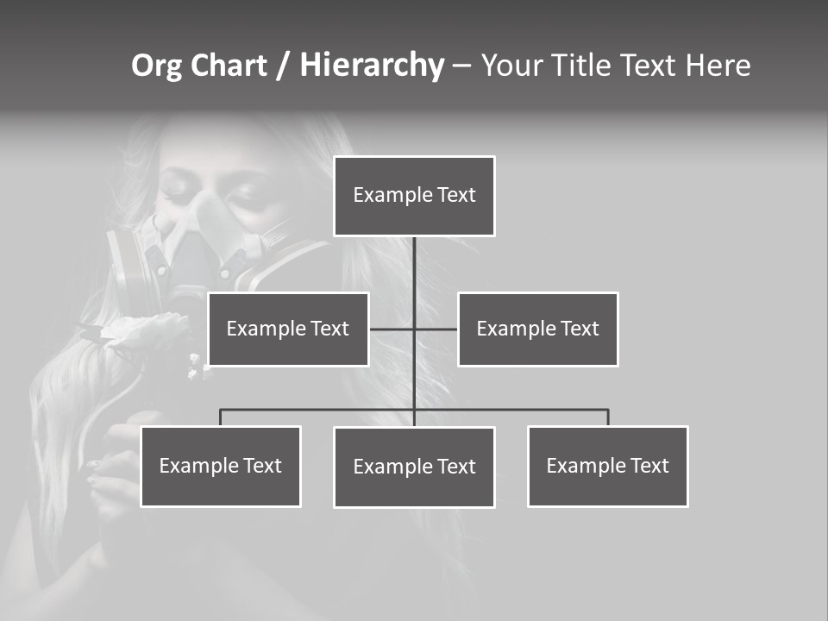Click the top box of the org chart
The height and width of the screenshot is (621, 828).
[414, 196]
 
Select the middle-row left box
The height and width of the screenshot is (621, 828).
[288, 329]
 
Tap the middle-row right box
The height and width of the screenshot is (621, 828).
[537, 329]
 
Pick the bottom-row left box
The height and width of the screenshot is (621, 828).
[221, 466]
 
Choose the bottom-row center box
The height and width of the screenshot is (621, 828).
[414, 467]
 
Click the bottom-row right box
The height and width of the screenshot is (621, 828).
[607, 466]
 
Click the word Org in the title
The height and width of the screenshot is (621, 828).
[156, 66]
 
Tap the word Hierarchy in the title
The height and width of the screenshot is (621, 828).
[372, 66]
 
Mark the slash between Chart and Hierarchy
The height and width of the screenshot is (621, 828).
[283, 66]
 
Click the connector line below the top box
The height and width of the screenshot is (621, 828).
[414, 267]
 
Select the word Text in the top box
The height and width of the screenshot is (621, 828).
[455, 195]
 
